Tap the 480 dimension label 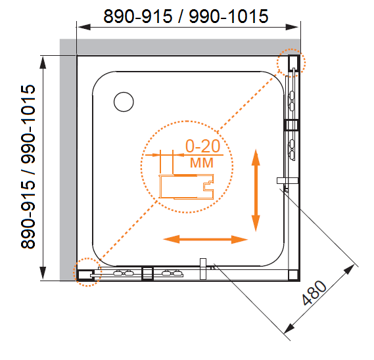[x=314, y=293]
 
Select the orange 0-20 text [x=202, y=146]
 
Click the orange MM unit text [x=202, y=163]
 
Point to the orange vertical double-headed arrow [x=256, y=191]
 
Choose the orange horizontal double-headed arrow [x=205, y=239]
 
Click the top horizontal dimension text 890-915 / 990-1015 [x=186, y=16]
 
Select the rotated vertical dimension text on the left [x=28, y=167]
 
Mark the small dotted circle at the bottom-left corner [x=87, y=272]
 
